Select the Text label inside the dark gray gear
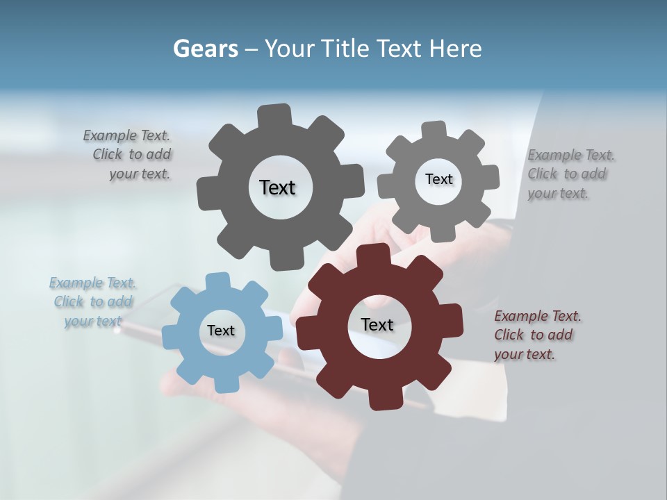[277, 187]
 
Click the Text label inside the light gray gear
[438, 179]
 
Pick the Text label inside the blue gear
[221, 331]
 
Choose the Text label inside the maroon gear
[377, 325]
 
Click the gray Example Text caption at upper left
[128, 155]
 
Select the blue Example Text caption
[92, 302]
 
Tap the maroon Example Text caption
[536, 335]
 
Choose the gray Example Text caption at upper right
[570, 174]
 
